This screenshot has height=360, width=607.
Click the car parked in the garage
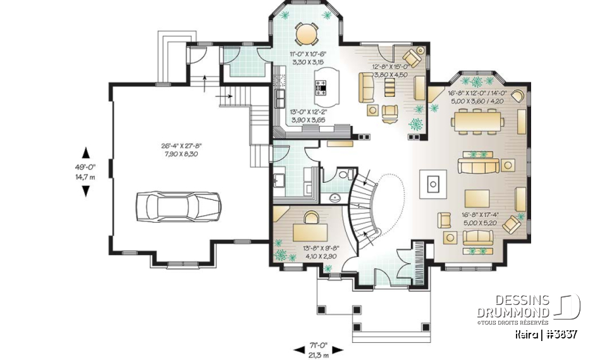(x=178, y=206)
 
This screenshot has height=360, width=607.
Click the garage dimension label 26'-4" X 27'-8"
(x=180, y=149)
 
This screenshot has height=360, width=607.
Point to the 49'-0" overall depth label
(x=85, y=172)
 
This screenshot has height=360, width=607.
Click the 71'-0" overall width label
(x=319, y=348)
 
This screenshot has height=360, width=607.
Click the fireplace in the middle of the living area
(x=432, y=183)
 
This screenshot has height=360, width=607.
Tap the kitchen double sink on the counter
(x=279, y=98)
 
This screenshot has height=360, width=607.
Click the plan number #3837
(x=562, y=333)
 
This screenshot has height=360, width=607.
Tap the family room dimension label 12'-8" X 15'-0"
(x=389, y=69)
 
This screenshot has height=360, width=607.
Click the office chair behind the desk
(x=310, y=216)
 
